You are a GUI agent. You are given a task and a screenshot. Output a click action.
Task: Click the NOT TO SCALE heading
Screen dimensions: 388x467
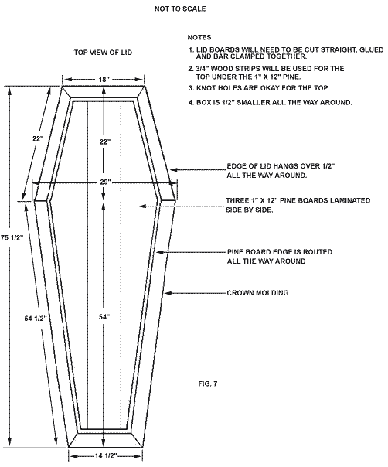tap(180, 9)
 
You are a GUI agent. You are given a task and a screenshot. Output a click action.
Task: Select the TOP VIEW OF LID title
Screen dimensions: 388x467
tap(103, 53)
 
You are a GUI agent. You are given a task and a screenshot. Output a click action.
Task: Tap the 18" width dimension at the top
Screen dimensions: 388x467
tap(104, 80)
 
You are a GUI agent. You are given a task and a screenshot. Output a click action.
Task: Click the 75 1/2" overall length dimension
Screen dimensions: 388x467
tap(12, 237)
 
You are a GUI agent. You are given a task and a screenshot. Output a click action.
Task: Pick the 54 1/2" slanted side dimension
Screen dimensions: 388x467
tap(36, 319)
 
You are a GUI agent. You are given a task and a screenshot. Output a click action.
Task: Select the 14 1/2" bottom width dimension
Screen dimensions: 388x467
tap(106, 456)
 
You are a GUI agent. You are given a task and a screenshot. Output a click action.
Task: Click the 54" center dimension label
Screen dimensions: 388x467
tap(104, 317)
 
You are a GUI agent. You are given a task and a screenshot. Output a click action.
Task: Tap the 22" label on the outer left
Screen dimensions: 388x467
tap(38, 138)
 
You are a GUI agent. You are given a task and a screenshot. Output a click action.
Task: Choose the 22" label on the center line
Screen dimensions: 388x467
tap(105, 141)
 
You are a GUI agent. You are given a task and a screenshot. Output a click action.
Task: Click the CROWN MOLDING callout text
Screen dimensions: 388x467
tap(257, 293)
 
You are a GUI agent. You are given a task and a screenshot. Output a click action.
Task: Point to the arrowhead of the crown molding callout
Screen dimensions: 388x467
tap(165, 293)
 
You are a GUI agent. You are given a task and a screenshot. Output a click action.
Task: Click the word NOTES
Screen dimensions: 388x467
tap(199, 38)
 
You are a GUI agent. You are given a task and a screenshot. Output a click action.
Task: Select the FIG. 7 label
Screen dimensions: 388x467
tap(208, 383)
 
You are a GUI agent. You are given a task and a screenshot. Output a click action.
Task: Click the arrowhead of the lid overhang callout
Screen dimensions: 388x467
tap(172, 170)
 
